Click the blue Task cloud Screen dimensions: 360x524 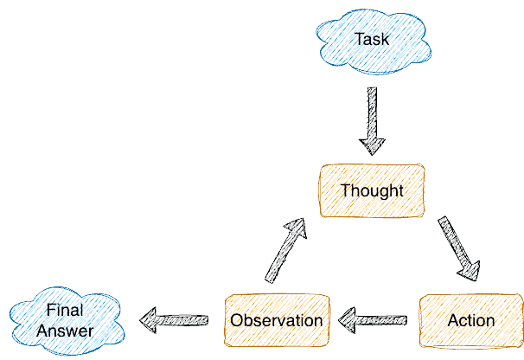[373, 39]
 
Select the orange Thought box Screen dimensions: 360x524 [373, 190]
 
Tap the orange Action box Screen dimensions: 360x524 [470, 320]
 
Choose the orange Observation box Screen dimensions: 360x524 [277, 320]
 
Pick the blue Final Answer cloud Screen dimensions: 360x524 [65, 320]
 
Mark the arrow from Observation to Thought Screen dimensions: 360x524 [285, 252]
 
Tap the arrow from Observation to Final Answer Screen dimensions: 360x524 [177, 319]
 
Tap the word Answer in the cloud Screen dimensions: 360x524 [65, 329]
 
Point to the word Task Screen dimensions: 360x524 [373, 39]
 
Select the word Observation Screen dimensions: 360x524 [277, 320]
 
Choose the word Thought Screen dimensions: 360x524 [373, 190]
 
